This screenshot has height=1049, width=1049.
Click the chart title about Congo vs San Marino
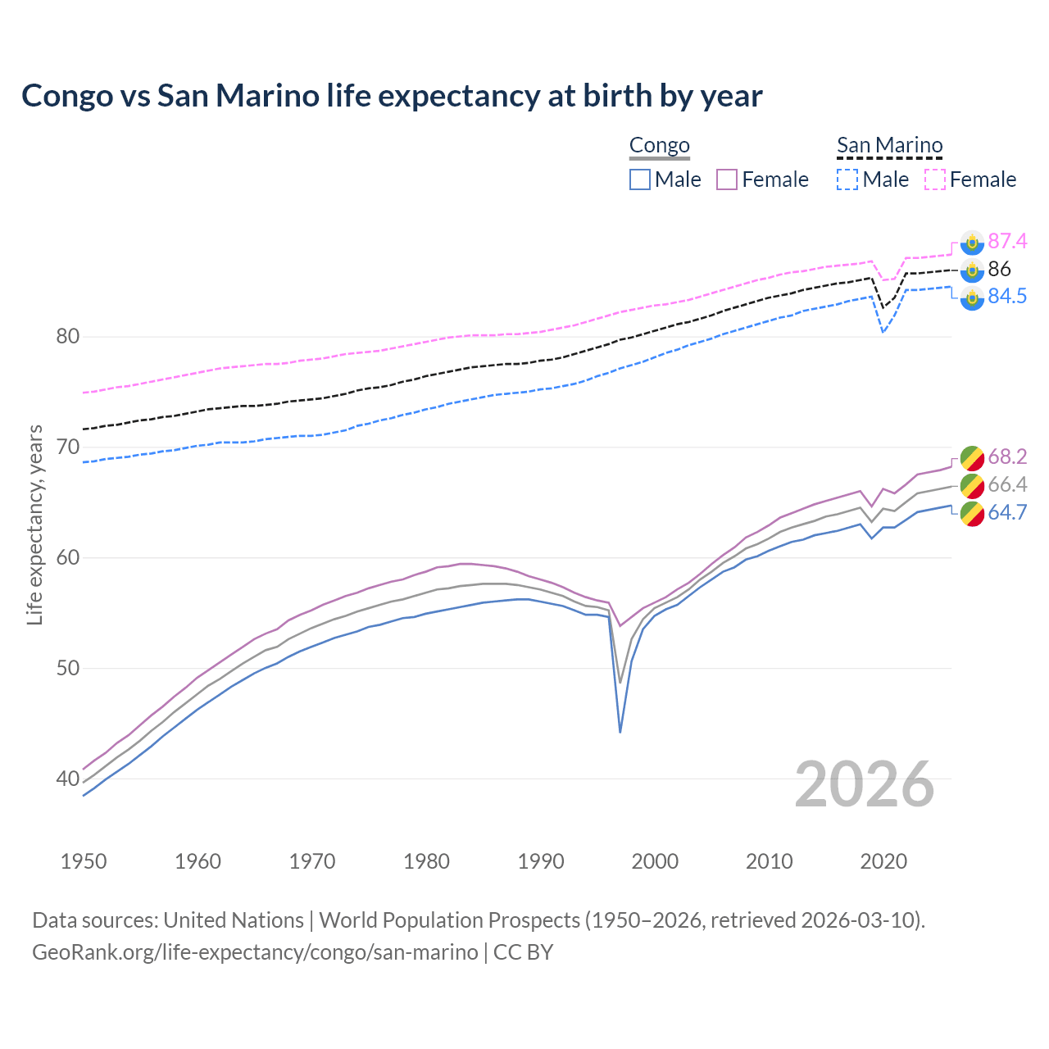coord(392,96)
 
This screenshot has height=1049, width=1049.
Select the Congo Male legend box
coord(640,179)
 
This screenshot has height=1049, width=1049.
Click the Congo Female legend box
coord(727,179)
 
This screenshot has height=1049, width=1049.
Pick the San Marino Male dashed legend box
coord(847,179)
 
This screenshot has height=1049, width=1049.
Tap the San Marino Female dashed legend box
coord(935,179)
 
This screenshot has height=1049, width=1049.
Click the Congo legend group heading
coord(659,146)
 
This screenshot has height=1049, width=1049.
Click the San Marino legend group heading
coord(889,146)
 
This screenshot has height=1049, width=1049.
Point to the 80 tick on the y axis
coord(68,337)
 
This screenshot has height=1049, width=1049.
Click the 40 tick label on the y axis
coord(68,779)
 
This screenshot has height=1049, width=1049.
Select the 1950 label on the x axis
coord(84,861)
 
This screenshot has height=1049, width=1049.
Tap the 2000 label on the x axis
coord(655,861)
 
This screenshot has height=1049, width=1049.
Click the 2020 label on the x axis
coord(883,861)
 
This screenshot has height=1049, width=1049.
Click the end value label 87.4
coord(1006,241)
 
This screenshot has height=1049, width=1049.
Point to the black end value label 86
coord(999,269)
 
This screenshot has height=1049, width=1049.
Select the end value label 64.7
coord(1006,513)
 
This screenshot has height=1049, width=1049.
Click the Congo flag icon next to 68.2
coord(972,457)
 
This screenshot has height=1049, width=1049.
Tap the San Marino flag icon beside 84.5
coord(972,298)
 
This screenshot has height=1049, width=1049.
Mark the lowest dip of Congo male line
coord(620,732)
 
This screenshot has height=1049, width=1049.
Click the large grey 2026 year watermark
coord(864,784)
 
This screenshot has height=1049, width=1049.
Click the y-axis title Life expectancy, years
coord(34,524)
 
